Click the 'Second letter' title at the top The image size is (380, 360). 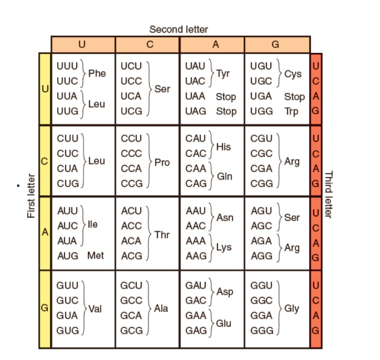point(178,29)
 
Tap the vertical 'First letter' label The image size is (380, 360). point(32,196)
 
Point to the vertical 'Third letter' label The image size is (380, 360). point(329,194)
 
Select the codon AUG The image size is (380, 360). point(68,256)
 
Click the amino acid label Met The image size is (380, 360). point(96,256)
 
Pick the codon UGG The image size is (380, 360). point(262,111)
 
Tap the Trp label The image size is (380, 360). point(291,111)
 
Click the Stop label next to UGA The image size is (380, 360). point(294,97)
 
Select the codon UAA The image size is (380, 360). point(196,97)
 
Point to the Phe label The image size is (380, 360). point(97,74)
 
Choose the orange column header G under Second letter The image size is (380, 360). point(275,45)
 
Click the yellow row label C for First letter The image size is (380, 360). point(45,161)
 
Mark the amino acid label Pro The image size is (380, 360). point(162,163)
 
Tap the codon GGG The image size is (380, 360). point(262,330)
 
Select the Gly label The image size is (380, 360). point(292,308)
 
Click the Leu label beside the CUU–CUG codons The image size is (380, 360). point(96,161)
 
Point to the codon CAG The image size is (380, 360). point(196,184)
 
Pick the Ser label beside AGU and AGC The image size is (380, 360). point(292,218)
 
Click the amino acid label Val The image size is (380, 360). point(95,308)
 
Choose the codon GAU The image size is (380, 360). point(196,286)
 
